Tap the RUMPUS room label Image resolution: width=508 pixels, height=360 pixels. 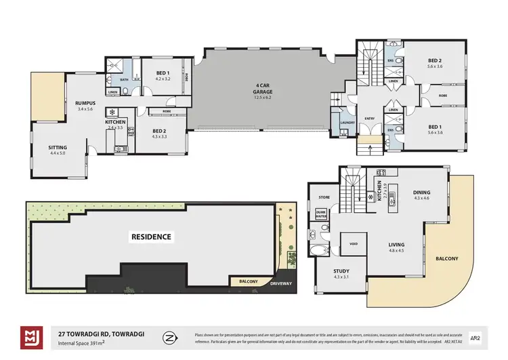[x=86, y=105]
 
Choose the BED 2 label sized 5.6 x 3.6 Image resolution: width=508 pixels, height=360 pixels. [x=435, y=62]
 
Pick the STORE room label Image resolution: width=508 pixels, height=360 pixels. [x=323, y=197]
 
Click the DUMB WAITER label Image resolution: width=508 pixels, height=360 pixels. [x=321, y=214]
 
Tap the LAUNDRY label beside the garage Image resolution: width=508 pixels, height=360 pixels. [x=347, y=122]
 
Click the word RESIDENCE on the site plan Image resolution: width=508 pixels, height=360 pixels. [x=152, y=237]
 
